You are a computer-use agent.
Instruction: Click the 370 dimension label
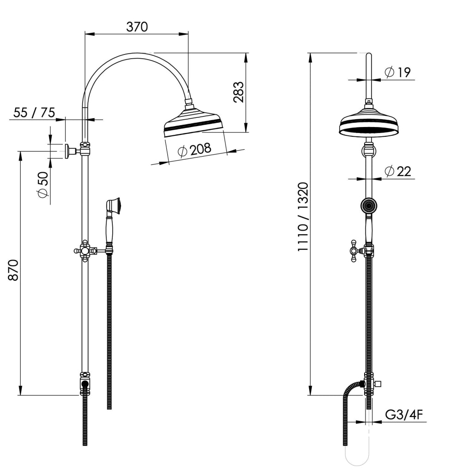(137, 27)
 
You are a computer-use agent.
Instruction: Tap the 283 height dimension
(238, 92)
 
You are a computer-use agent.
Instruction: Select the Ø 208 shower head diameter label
(195, 150)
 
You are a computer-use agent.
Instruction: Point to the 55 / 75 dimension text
(34, 113)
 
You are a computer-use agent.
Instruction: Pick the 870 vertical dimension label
(13, 270)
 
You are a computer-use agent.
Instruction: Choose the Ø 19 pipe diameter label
(397, 72)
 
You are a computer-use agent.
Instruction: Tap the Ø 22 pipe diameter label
(398, 171)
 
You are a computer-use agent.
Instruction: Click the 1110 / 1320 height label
(303, 217)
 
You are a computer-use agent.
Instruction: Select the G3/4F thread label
(404, 415)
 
